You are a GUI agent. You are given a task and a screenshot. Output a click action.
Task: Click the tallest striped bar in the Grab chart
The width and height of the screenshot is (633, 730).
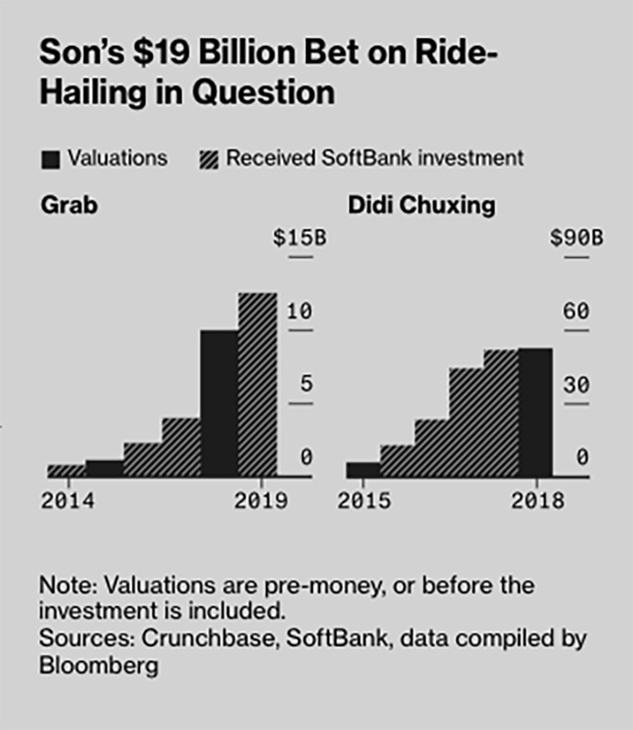coord(257,384)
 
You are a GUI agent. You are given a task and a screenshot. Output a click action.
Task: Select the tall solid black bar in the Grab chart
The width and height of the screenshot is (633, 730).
coord(219,403)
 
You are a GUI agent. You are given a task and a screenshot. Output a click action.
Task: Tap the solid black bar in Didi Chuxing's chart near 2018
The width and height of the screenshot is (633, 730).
coord(535,412)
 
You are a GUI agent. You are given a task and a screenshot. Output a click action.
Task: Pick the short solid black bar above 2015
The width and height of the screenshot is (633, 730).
coord(363,469)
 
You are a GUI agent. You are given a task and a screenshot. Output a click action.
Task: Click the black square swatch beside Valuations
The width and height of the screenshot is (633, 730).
coord(51,159)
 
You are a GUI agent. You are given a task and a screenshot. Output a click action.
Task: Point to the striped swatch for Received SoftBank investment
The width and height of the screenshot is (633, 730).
coord(208,159)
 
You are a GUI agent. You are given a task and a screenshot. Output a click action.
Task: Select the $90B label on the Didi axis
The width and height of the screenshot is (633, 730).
coord(576,239)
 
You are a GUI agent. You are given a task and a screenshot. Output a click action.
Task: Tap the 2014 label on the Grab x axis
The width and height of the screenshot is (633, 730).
coord(67,501)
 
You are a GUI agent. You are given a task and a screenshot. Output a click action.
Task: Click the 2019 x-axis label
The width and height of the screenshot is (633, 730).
coord(260,501)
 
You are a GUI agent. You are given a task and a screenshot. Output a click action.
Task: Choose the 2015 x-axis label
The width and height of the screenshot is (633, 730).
coord(364,501)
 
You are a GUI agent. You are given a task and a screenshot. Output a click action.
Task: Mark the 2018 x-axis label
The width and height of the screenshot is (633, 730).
coord(537,501)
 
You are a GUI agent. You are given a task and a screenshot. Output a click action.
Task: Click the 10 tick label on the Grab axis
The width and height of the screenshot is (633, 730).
coord(299,312)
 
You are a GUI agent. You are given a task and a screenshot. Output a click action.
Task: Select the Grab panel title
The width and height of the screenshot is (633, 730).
coord(69,205)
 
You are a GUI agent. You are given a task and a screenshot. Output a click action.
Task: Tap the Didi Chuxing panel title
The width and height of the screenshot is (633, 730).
coord(421,205)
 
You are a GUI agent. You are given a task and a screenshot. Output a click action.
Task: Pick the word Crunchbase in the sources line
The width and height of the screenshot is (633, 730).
coord(187,639)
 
